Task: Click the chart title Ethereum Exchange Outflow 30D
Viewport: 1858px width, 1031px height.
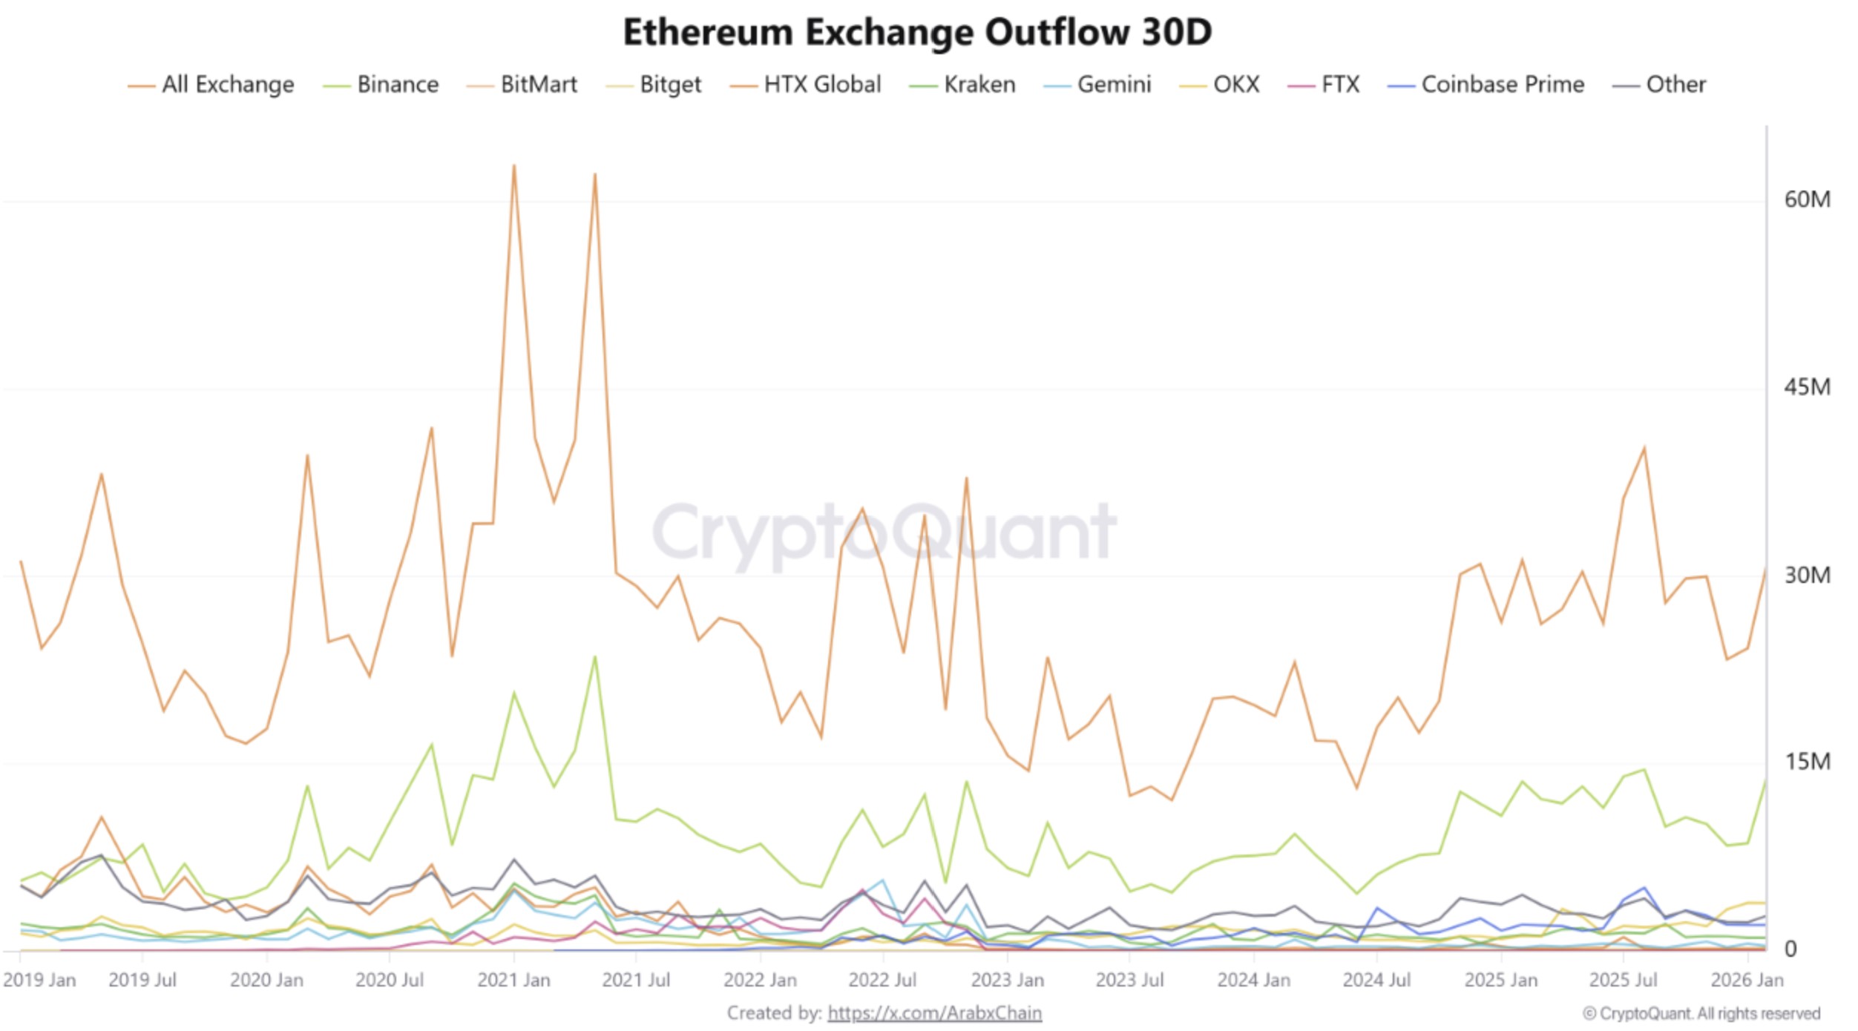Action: [x=917, y=33]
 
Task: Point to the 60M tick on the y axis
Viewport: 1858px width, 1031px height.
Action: [x=1807, y=200]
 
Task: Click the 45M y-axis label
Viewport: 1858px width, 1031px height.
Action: [x=1807, y=387]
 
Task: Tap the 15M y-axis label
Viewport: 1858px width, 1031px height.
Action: [x=1807, y=762]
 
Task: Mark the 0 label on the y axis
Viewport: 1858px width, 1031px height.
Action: [x=1790, y=949]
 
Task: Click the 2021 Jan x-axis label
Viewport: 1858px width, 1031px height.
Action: [x=513, y=981]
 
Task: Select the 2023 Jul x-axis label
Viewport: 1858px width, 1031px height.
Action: [x=1129, y=981]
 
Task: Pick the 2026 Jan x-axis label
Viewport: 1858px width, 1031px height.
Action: [x=1747, y=981]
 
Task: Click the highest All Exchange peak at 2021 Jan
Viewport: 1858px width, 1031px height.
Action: [x=513, y=166]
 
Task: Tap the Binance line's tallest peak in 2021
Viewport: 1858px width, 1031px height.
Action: [x=595, y=657]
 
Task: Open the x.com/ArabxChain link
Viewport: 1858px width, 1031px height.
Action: [x=934, y=1013]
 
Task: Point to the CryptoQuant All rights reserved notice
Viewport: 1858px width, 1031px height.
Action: [x=1701, y=1014]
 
